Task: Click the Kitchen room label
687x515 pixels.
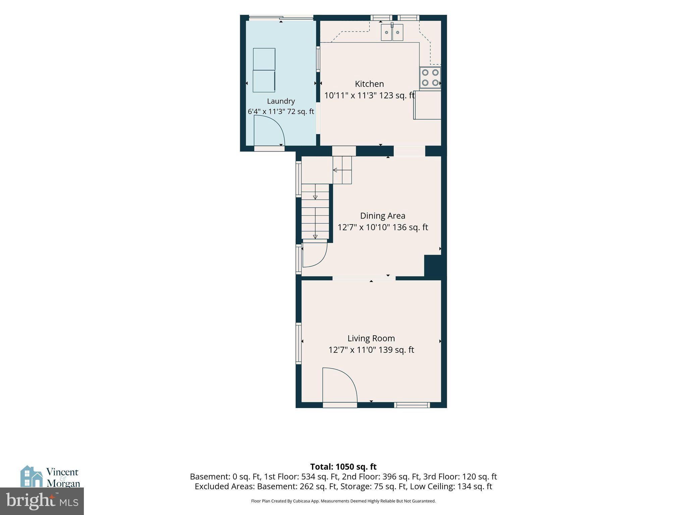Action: (x=369, y=84)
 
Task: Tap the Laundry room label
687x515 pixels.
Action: (x=281, y=101)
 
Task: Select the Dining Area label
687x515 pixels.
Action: (x=383, y=216)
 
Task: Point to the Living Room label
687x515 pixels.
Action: (x=371, y=338)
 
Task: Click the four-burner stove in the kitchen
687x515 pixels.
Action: (x=430, y=77)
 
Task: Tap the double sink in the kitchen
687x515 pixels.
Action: (x=392, y=32)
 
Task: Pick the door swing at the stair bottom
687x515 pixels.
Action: (x=315, y=255)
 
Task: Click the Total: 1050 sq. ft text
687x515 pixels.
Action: (x=343, y=467)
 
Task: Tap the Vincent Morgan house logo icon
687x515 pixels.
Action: (x=32, y=476)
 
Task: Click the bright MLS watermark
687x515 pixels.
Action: (x=42, y=501)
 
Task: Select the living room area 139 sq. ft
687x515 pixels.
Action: (x=396, y=350)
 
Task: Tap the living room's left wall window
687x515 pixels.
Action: (x=298, y=343)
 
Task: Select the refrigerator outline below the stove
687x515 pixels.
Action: (x=427, y=105)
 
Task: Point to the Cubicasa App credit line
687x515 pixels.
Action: (x=343, y=501)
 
